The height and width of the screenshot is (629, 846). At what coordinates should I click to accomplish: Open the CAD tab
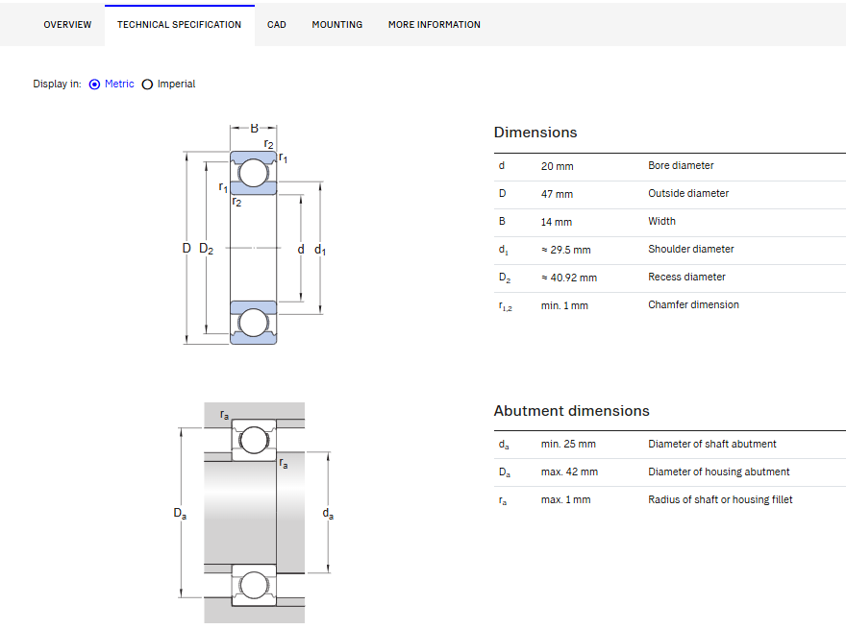pyautogui.click(x=276, y=25)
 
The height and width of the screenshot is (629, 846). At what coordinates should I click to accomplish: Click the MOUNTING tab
pyautogui.click(x=337, y=25)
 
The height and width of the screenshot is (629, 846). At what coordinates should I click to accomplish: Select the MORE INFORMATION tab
pyautogui.click(x=435, y=25)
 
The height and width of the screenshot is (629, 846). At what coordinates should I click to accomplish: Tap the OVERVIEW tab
pyautogui.click(x=67, y=25)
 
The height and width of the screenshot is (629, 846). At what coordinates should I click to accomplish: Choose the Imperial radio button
pyautogui.click(x=147, y=85)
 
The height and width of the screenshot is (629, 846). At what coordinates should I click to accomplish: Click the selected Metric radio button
pyautogui.click(x=94, y=85)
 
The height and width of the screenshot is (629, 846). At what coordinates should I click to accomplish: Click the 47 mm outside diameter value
pyautogui.click(x=557, y=194)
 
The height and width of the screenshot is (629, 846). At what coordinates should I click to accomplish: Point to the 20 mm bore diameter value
pyautogui.click(x=557, y=166)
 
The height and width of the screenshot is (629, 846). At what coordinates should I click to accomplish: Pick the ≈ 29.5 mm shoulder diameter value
pyautogui.click(x=566, y=250)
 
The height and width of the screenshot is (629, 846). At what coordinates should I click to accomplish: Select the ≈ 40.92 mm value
pyautogui.click(x=569, y=278)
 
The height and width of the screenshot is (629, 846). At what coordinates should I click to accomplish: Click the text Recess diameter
pyautogui.click(x=686, y=277)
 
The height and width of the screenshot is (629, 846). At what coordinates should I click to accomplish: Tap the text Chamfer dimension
pyautogui.click(x=693, y=304)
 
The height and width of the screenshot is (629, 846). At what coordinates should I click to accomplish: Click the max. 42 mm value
pyautogui.click(x=569, y=472)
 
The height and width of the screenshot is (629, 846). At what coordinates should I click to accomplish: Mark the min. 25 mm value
pyautogui.click(x=568, y=444)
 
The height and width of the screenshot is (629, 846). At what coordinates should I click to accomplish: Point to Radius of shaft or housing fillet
pyautogui.click(x=720, y=499)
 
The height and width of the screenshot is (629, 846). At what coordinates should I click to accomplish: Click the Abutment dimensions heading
pyautogui.click(x=571, y=411)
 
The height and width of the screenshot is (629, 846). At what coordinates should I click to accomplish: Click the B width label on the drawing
pyautogui.click(x=254, y=129)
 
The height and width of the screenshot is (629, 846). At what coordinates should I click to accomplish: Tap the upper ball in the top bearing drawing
pyautogui.click(x=253, y=173)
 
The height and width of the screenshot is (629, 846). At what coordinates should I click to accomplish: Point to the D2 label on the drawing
pyautogui.click(x=206, y=249)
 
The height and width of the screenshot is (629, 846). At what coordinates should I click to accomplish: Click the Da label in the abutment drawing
pyautogui.click(x=180, y=513)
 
